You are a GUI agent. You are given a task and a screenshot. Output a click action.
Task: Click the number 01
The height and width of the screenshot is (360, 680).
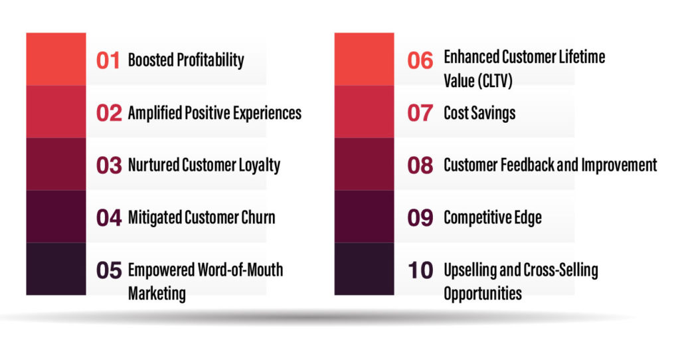coord(108,60)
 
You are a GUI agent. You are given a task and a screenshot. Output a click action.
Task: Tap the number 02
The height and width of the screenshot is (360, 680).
coord(109,113)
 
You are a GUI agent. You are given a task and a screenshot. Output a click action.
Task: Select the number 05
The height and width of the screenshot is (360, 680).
coord(109,270)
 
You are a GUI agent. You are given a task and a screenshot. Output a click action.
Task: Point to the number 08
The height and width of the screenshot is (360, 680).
coord(420,165)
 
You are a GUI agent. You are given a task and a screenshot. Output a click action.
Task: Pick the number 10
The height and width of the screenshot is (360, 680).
coord(420,270)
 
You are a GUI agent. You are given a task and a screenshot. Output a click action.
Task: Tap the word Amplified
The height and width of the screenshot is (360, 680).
coord(154,113)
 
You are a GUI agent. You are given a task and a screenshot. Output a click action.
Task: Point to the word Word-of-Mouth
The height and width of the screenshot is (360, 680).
coord(240,270)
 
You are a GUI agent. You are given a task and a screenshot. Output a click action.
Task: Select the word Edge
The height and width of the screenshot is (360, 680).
coord(528,218)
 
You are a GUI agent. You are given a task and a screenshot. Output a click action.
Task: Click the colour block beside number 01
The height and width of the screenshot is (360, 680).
coord(56,59)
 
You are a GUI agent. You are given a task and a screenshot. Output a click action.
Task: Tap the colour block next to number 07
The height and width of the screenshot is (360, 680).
coord(365,112)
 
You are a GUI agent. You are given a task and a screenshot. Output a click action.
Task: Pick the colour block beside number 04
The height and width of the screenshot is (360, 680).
coord(56,217)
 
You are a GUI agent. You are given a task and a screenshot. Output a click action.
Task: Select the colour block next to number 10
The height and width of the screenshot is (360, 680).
coord(365,269)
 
